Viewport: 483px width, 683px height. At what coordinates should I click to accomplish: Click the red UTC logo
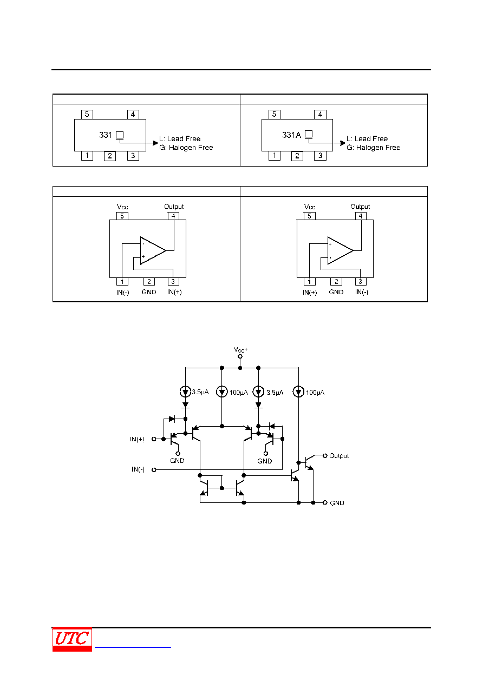[72, 639]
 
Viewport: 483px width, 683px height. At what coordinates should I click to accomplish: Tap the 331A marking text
[291, 135]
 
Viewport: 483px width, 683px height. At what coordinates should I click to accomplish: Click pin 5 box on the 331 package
[87, 114]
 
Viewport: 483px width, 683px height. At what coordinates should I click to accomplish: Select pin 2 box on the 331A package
[297, 156]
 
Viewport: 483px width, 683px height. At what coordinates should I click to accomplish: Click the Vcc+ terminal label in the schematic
[240, 349]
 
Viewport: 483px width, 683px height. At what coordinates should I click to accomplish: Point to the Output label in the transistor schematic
[339, 456]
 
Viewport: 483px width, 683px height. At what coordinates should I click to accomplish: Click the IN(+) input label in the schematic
[137, 439]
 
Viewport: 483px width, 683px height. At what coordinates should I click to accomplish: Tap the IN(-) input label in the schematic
[138, 469]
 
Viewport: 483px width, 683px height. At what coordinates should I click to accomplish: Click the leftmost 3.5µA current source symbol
[185, 392]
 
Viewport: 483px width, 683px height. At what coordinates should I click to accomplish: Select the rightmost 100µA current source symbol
[298, 392]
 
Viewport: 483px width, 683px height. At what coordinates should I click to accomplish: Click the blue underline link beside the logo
[133, 647]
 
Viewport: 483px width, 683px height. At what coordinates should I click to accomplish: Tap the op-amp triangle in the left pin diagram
[153, 250]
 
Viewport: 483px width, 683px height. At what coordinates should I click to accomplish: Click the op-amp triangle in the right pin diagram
[341, 250]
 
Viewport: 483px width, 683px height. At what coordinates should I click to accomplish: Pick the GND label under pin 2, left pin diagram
[149, 292]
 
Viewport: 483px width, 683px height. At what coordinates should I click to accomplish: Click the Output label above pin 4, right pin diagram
[360, 207]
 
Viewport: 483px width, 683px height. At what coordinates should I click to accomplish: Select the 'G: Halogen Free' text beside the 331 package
[186, 148]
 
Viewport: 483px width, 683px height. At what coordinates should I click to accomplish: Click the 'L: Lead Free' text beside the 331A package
[367, 139]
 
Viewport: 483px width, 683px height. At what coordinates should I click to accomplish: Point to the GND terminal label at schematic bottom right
[337, 503]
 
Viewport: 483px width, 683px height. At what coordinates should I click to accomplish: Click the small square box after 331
[120, 135]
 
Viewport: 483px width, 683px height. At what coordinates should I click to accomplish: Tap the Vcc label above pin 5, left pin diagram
[122, 207]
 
